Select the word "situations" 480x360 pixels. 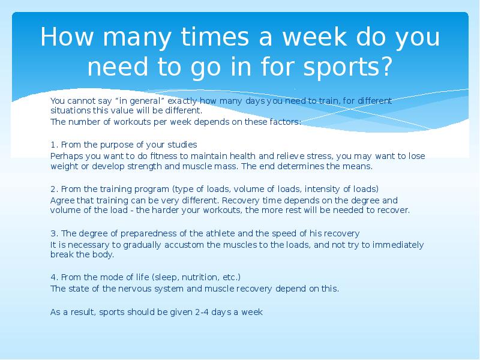[x=70, y=111]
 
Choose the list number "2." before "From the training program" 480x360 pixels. [x=54, y=189]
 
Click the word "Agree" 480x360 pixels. [x=61, y=200]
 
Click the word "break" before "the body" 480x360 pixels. [x=61, y=254]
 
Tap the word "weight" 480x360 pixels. [x=63, y=166]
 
